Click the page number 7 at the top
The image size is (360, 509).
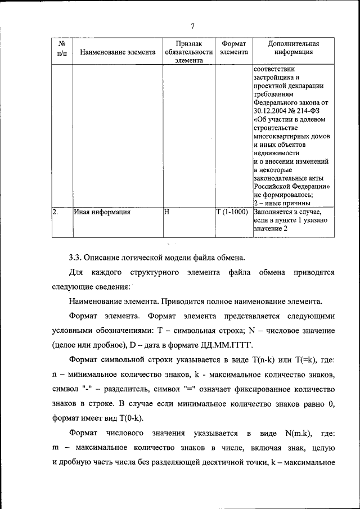click(x=192, y=26)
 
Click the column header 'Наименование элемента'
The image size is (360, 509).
click(x=118, y=52)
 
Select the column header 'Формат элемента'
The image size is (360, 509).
click(x=233, y=48)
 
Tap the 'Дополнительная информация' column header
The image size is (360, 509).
click(x=294, y=48)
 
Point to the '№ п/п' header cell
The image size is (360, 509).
click(x=61, y=48)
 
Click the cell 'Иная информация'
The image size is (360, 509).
click(x=102, y=213)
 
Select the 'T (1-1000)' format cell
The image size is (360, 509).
click(x=232, y=213)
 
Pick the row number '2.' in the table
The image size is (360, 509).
click(x=55, y=213)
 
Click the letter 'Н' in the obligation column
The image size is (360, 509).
click(x=166, y=213)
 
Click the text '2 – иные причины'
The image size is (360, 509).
click(x=281, y=203)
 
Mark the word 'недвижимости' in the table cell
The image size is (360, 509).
click(x=276, y=152)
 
